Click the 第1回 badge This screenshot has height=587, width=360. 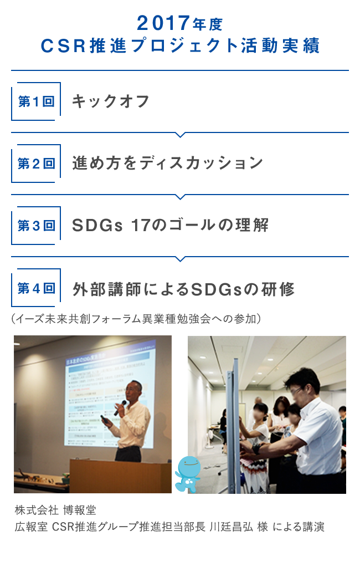point(36,101)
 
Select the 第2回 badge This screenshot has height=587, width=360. point(36,164)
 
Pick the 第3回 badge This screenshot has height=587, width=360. point(36,226)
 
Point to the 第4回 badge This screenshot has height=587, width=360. point(36,288)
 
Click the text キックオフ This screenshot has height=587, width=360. point(111,101)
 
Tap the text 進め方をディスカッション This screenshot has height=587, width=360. point(167,164)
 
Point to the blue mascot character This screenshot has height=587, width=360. point(187,474)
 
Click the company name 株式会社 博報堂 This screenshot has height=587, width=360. point(56,509)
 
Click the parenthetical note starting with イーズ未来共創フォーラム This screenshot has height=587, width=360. point(135,320)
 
